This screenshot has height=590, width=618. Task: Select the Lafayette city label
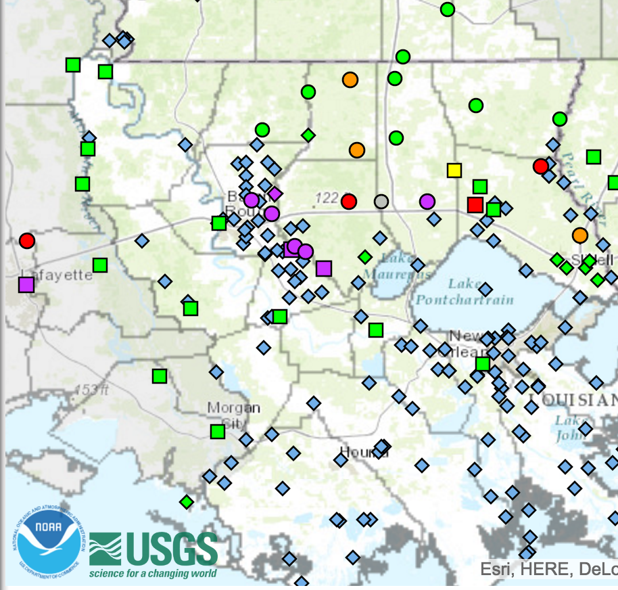(x=57, y=275)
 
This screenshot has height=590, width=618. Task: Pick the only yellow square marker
(x=454, y=170)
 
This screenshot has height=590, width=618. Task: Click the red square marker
(x=475, y=204)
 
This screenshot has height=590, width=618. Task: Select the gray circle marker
(x=381, y=201)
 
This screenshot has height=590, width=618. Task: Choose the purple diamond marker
(x=275, y=194)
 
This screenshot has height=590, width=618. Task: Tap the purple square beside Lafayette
(x=26, y=285)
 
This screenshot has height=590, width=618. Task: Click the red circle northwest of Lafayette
(x=27, y=240)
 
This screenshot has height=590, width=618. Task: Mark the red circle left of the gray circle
(x=349, y=201)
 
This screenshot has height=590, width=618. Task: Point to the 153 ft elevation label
(x=91, y=390)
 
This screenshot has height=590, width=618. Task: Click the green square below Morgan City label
(x=217, y=432)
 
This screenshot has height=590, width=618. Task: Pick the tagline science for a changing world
(x=153, y=574)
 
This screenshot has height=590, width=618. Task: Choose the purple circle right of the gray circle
(x=427, y=201)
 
